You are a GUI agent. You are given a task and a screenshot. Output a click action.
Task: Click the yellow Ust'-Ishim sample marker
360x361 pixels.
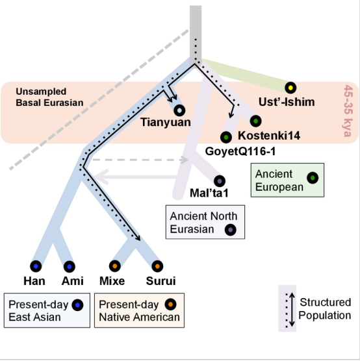tap(290, 88)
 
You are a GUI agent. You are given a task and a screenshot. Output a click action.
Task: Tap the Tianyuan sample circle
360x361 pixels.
tap(179, 110)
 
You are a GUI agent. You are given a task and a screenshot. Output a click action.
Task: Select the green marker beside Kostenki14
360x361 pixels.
tap(255, 121)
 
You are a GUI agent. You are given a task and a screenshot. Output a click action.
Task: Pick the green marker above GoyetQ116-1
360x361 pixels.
tap(226, 137)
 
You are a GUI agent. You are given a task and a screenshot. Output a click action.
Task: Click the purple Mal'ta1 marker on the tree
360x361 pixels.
tap(220, 181)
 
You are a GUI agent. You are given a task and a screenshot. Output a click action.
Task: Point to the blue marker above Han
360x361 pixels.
tap(36, 266)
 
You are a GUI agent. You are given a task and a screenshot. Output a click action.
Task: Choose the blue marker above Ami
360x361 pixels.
tap(70, 267)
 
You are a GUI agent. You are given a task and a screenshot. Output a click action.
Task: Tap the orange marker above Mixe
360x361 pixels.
tap(115, 266)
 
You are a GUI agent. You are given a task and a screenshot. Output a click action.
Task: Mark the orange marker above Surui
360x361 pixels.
tap(157, 266)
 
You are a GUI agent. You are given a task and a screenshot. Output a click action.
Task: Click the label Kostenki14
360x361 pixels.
tap(269, 135)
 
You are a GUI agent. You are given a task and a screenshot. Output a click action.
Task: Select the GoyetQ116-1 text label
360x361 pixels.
tap(240, 151)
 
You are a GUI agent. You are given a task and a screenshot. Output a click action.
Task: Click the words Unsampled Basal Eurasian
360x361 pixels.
tap(49, 97)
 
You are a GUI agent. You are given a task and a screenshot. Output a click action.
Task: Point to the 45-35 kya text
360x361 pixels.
tap(348, 111)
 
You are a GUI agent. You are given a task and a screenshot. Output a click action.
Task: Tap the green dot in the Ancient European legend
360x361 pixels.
tap(313, 178)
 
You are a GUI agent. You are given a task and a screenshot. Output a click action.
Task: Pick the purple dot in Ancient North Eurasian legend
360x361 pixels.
tap(230, 230)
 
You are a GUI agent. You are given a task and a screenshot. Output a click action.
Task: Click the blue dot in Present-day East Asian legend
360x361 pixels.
tap(77, 305)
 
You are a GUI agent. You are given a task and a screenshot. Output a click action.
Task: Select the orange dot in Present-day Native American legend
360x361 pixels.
tap(170, 305)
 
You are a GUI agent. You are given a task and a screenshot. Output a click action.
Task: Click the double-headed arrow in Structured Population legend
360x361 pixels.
tap(292, 310)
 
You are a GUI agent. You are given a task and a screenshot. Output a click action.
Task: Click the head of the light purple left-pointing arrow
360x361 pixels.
tap(101, 177)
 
